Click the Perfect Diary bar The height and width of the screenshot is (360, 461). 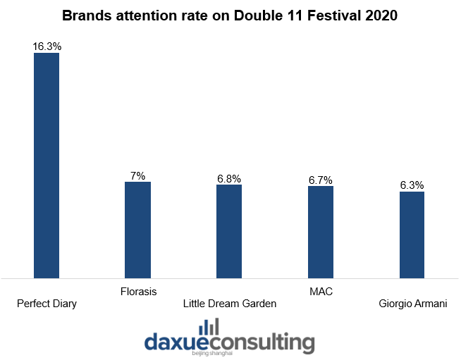click(x=47, y=166)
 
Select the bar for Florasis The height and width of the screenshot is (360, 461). click(x=138, y=230)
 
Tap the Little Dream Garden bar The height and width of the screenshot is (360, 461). click(x=229, y=232)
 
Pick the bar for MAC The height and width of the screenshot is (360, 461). click(x=321, y=232)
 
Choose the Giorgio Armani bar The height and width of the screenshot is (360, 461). click(x=412, y=235)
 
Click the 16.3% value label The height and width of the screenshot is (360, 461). click(x=47, y=46)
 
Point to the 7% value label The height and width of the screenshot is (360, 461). click(x=138, y=175)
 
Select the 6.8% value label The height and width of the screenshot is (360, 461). click(x=229, y=178)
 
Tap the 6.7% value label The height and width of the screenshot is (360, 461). click(x=321, y=180)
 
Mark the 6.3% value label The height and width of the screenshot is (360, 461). click(x=412, y=185)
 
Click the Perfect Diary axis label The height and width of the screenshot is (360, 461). click(x=47, y=304)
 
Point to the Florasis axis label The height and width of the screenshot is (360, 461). click(x=138, y=292)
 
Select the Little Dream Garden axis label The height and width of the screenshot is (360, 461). click(x=230, y=304)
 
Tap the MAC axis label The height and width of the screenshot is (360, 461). click(x=321, y=292)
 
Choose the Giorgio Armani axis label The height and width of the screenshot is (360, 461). click(x=413, y=304)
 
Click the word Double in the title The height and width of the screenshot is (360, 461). click(x=258, y=15)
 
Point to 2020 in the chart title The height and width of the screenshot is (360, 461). click(x=381, y=15)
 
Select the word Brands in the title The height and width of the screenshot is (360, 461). click(x=87, y=15)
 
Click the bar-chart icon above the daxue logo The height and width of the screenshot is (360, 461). click(x=209, y=326)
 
